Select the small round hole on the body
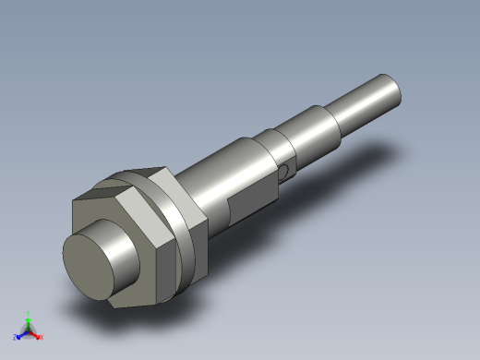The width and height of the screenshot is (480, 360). coord(286,170)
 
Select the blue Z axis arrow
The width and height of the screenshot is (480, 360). coord(21,334)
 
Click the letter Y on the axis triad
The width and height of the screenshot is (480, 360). coord(29,314)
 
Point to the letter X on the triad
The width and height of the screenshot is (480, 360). coord(42,337)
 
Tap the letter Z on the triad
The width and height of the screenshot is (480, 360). coord(15,338)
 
